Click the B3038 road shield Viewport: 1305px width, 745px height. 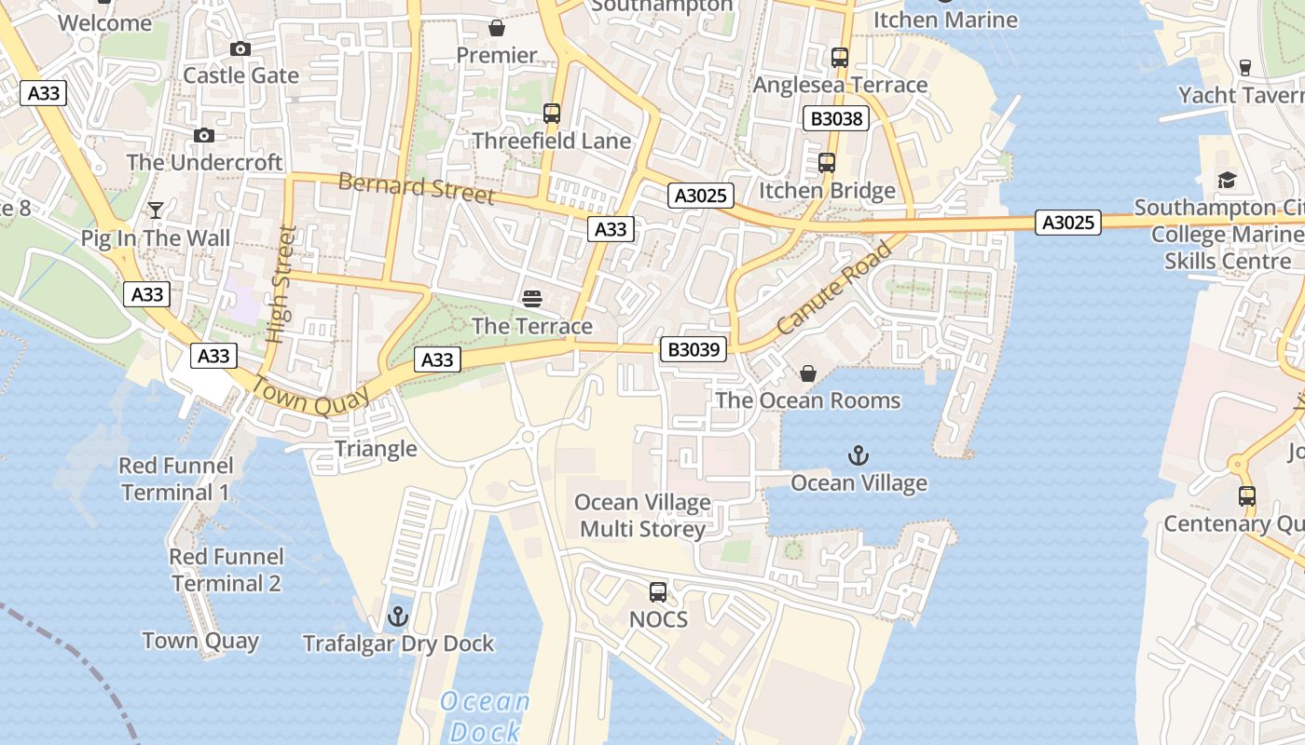(x=836, y=118)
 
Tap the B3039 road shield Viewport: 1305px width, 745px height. (x=694, y=349)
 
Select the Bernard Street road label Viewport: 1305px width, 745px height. (x=416, y=187)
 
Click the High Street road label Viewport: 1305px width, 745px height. (x=280, y=284)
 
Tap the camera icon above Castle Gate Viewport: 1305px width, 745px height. (x=240, y=48)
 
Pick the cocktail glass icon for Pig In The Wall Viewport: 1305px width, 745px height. (x=156, y=210)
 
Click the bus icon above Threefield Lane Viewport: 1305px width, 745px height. (x=552, y=114)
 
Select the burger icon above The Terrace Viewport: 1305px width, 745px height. (x=532, y=299)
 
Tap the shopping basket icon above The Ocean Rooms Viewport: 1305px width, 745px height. (x=808, y=373)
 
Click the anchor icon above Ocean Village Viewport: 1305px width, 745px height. (x=859, y=455)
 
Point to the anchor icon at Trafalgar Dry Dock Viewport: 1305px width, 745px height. (x=398, y=616)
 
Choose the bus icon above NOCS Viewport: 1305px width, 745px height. (x=658, y=591)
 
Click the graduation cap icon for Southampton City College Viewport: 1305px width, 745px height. (x=1227, y=180)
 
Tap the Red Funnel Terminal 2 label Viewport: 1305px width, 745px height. (x=227, y=570)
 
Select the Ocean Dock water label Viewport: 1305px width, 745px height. (x=485, y=715)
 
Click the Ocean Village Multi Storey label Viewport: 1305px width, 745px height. (x=642, y=516)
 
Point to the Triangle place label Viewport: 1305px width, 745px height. (x=376, y=449)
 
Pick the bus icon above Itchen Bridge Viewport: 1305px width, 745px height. (x=827, y=163)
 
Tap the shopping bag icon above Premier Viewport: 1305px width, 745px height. (x=497, y=28)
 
